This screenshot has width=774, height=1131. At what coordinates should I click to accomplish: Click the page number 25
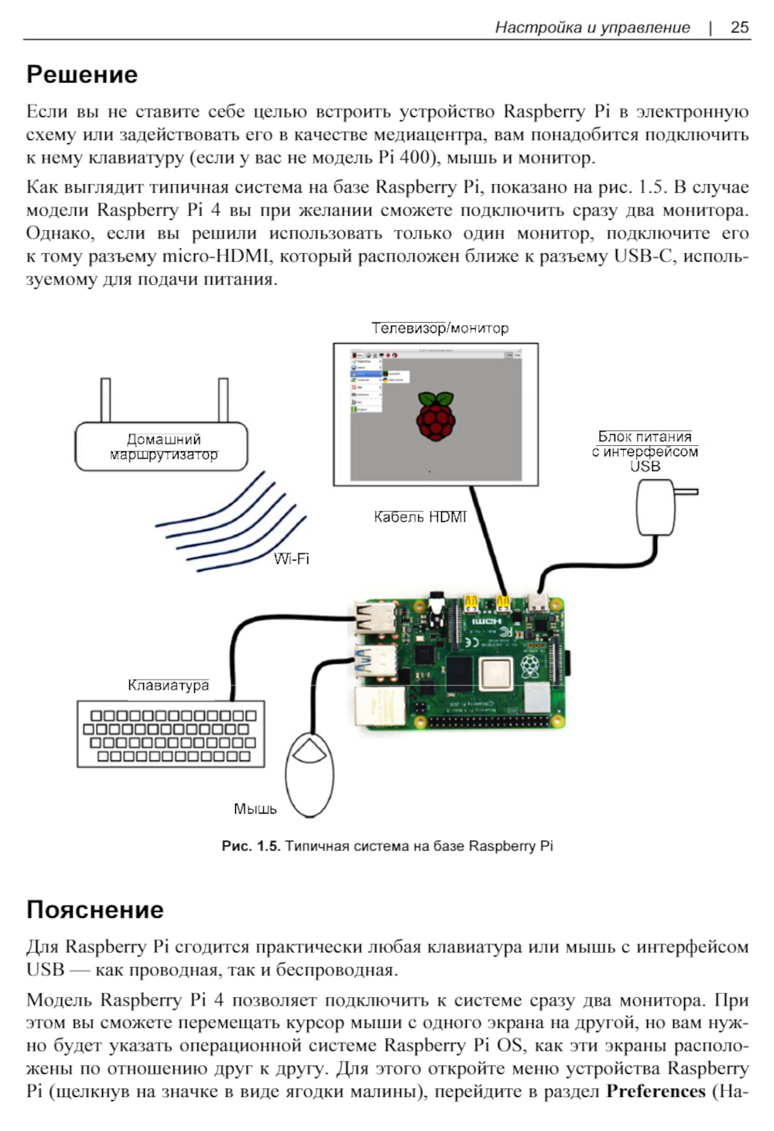(x=739, y=27)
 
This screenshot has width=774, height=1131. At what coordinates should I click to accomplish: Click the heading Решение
(x=82, y=74)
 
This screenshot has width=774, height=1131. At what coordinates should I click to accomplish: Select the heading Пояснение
(x=95, y=909)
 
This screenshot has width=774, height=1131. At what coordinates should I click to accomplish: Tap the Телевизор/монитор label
(x=440, y=327)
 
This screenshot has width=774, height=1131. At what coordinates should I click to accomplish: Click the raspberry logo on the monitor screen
(x=436, y=416)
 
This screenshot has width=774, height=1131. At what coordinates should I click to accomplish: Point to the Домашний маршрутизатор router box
(x=161, y=447)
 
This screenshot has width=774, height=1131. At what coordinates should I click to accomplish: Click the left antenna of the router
(x=105, y=399)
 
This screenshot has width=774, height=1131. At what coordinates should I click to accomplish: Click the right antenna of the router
(x=223, y=399)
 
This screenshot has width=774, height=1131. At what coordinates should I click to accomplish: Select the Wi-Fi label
(x=292, y=559)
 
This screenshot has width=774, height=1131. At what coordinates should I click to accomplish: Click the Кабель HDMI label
(x=420, y=516)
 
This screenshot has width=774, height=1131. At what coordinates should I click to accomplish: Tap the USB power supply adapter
(x=656, y=507)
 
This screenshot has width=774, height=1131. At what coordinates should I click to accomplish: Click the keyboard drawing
(x=170, y=735)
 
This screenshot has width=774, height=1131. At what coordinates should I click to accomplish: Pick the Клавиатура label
(x=168, y=685)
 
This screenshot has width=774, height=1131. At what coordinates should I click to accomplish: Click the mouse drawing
(x=310, y=774)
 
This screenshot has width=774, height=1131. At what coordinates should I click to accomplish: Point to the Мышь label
(x=255, y=809)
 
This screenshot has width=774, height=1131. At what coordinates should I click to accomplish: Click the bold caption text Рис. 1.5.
(x=250, y=846)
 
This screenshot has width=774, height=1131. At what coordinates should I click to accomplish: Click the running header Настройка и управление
(x=592, y=27)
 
